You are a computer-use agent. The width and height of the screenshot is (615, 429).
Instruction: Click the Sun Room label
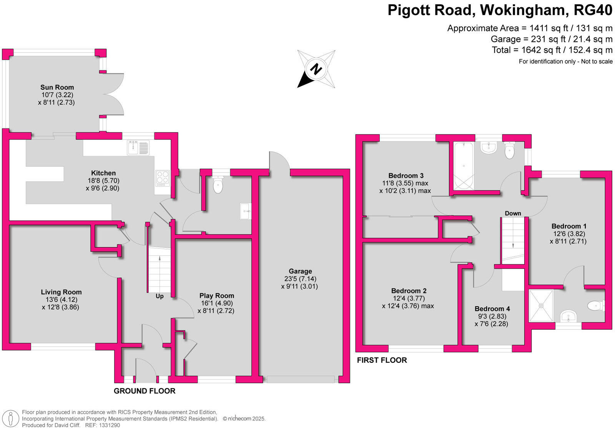click(x=57, y=87)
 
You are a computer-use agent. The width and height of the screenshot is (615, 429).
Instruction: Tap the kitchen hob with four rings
click(x=162, y=179)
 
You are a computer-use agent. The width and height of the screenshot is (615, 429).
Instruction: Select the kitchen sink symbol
click(x=138, y=147)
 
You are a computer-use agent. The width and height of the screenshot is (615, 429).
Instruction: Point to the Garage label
click(x=300, y=271)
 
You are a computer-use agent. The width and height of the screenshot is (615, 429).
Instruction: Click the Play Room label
click(x=216, y=295)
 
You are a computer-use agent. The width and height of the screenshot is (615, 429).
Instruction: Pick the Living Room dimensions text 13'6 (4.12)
click(x=61, y=299)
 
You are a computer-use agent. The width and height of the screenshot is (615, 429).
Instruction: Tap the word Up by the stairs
click(x=160, y=296)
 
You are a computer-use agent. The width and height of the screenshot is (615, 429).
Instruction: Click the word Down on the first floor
click(x=513, y=213)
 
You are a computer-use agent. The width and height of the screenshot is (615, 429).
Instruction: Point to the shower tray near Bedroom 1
click(x=541, y=305)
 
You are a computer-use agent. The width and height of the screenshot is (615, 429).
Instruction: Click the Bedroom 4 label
click(x=492, y=309)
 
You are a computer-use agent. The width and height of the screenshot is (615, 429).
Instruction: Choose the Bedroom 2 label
click(x=409, y=291)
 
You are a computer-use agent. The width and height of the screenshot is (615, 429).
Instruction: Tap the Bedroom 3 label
click(x=406, y=175)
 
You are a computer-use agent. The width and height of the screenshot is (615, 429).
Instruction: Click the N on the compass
click(x=316, y=70)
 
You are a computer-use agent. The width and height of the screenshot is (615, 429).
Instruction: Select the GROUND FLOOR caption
click(x=145, y=391)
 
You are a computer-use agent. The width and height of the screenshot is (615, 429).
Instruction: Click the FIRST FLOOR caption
click(x=382, y=360)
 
